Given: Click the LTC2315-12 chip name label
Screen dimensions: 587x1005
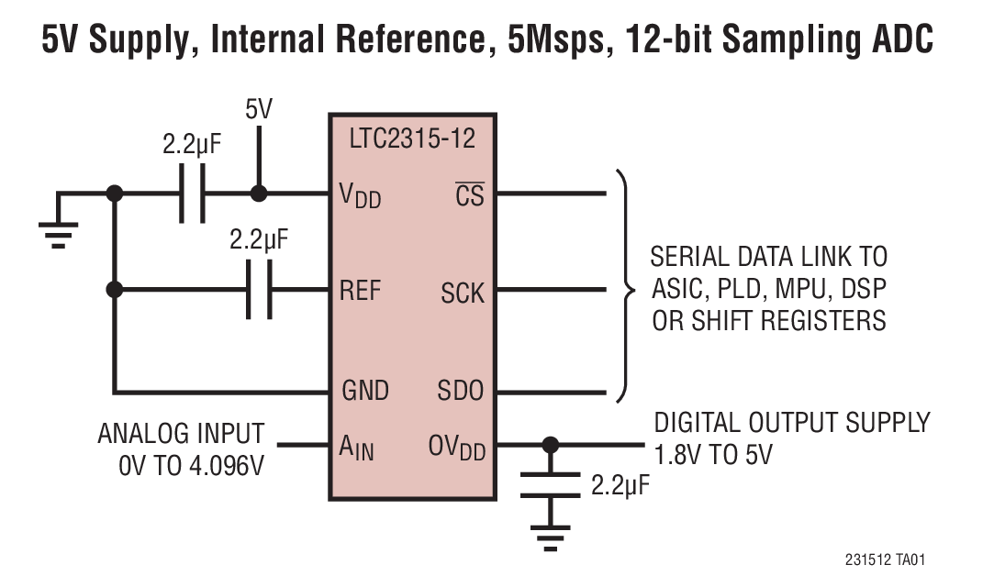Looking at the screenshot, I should [x=412, y=140].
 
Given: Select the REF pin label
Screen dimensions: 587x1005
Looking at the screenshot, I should [x=360, y=291].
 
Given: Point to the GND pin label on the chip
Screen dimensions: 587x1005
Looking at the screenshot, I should [x=365, y=390].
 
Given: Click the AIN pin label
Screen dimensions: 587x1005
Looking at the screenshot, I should [x=356, y=448].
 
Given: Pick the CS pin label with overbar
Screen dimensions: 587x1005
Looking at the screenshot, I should [x=469, y=194].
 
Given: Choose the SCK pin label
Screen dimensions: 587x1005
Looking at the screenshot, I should [x=462, y=293].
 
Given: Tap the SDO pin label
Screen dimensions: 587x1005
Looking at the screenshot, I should [x=461, y=391].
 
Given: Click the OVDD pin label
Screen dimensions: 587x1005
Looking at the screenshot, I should [x=456, y=449].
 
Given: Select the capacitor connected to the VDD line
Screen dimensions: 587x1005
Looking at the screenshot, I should [x=192, y=194].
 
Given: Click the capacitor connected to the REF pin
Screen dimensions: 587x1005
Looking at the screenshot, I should [x=260, y=291].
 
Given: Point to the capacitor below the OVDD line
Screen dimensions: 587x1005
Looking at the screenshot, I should [x=550, y=485].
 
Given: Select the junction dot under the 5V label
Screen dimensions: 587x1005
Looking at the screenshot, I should [x=259, y=194].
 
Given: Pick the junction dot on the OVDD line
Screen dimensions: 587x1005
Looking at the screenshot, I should [x=550, y=446].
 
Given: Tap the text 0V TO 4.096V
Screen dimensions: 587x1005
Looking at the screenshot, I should [x=191, y=465].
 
